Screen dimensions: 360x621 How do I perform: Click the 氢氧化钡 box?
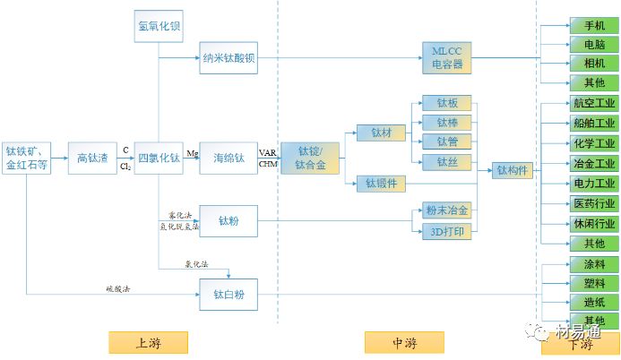coord(159,25)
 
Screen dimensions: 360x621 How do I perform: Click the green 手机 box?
coord(593,25)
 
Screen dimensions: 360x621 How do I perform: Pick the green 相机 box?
coord(593,64)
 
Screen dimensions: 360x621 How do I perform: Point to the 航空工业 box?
coord(593,104)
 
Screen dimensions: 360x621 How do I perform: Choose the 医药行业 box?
coord(593,203)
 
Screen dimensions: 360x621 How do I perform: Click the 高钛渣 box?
coord(92,158)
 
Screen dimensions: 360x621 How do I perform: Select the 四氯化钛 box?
coord(159,158)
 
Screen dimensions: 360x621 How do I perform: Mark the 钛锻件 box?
coord(381,184)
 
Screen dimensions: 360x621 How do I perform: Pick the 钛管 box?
coord(446,142)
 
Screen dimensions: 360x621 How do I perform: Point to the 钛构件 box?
coord(513,170)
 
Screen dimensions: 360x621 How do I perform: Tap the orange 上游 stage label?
coord(148,343)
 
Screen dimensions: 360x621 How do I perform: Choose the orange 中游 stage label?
coord(405,343)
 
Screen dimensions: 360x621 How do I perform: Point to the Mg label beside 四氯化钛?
coord(192,153)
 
